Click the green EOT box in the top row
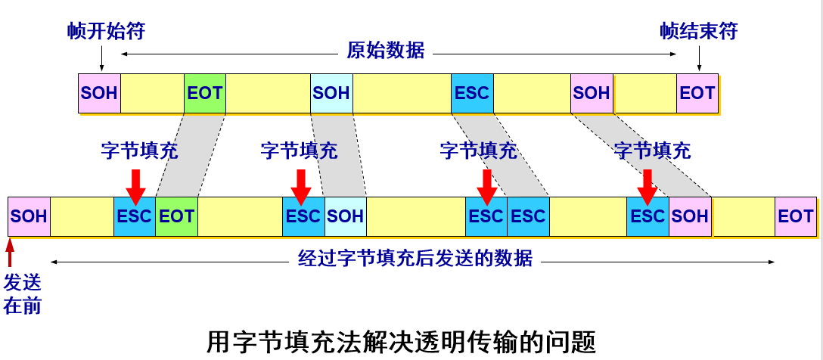(204, 93)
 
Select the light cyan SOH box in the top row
(331, 93)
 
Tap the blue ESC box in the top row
(472, 93)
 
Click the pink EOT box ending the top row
(697, 93)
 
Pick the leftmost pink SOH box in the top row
(99, 93)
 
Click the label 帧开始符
(106, 31)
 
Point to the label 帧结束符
(698, 31)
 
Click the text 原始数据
(386, 51)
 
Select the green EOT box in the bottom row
(176, 216)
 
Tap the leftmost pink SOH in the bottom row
(29, 216)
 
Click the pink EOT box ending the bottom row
(795, 216)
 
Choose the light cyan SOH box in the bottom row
(345, 216)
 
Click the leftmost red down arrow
(135, 186)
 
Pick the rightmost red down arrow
(646, 186)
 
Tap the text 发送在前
(23, 294)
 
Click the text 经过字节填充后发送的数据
(412, 259)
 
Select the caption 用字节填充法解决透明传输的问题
(401, 342)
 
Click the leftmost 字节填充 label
(139, 151)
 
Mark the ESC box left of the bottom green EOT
(135, 216)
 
